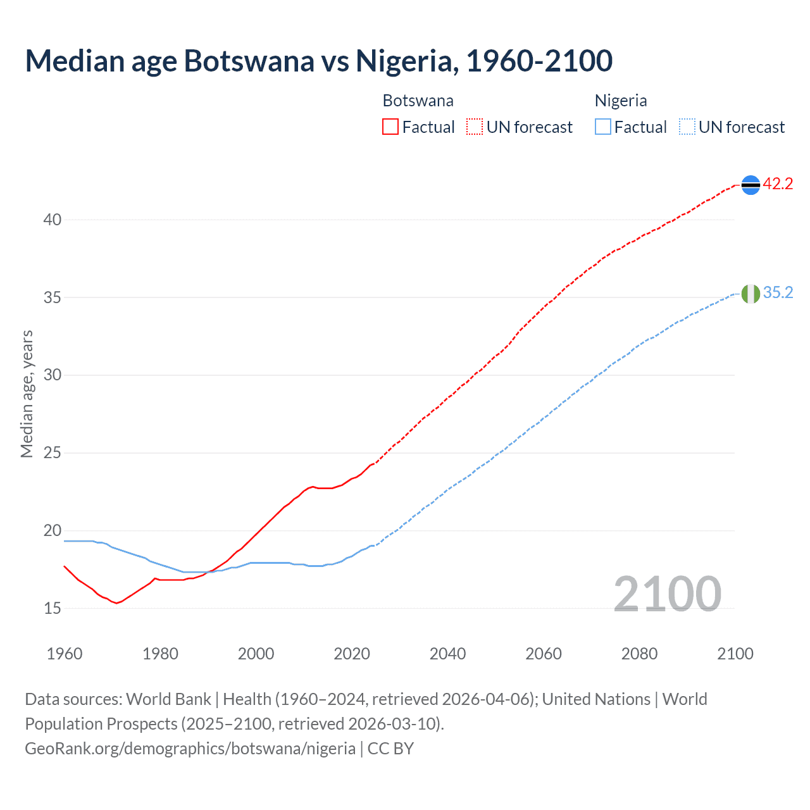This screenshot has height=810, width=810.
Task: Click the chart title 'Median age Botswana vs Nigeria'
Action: tap(318, 61)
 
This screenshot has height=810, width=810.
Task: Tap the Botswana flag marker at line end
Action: tap(751, 185)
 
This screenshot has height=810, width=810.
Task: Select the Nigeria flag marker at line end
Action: tap(751, 294)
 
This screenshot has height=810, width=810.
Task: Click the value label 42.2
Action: tap(778, 184)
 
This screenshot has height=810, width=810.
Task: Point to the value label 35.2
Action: tap(778, 293)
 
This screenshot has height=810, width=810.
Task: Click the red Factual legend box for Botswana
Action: tap(390, 127)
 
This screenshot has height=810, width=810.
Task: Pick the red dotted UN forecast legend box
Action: tap(475, 127)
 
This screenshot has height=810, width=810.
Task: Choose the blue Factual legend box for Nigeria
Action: tap(603, 127)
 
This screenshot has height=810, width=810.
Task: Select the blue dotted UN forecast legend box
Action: tap(687, 127)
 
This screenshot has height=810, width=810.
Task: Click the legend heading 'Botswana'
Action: tap(418, 101)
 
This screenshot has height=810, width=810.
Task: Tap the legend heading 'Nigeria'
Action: tap(620, 101)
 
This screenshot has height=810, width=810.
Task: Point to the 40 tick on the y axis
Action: tap(53, 220)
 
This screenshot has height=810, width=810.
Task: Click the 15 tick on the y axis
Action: tap(53, 609)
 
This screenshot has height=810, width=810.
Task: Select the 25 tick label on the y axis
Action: tap(53, 453)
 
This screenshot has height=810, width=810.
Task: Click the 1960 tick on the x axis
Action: tap(65, 654)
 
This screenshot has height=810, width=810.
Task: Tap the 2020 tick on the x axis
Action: tap(352, 654)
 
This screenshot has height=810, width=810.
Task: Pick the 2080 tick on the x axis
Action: tap(639, 654)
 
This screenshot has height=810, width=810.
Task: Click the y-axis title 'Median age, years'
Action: tap(27, 394)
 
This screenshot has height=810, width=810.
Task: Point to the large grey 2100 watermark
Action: tap(667, 594)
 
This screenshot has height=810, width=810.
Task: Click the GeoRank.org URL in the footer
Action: tap(190, 749)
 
